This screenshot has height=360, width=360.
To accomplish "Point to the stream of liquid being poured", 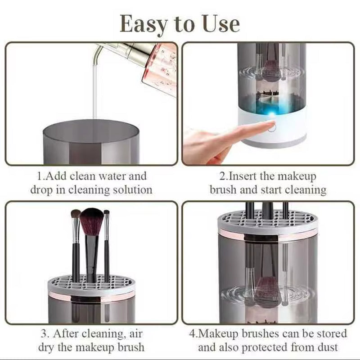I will pyautogui.click(x=95, y=90).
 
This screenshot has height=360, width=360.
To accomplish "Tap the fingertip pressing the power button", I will pyautogui.click(x=269, y=127).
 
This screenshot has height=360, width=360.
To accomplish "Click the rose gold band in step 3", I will pyautogui.click(x=92, y=296).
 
